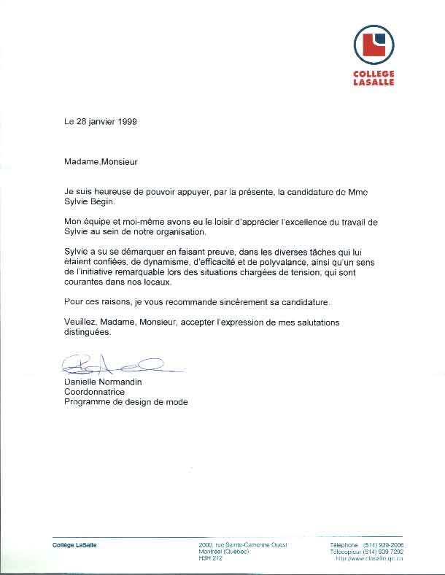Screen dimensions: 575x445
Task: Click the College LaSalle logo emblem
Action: click(374, 45)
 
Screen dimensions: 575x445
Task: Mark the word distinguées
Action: click(88, 332)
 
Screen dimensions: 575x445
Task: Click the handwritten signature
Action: click(113, 363)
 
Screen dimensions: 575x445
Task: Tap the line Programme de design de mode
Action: click(125, 402)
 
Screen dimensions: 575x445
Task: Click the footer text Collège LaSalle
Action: click(74, 545)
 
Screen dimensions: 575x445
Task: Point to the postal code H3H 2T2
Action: click(210, 558)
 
